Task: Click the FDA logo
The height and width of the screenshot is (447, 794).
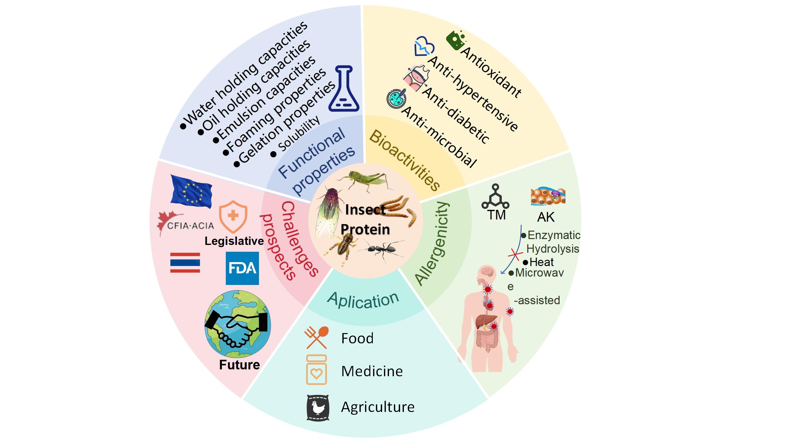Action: [x=242, y=268]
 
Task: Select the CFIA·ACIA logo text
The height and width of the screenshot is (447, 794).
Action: [x=190, y=226]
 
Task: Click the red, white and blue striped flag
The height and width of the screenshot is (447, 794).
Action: [x=185, y=263]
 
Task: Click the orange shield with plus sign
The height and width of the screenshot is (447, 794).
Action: [x=233, y=217]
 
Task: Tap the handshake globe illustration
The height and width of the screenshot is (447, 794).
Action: [x=237, y=324]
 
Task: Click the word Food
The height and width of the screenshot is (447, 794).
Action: [x=357, y=338]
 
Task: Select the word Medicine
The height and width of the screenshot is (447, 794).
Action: [x=372, y=371]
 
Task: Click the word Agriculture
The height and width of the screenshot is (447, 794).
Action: [x=377, y=407]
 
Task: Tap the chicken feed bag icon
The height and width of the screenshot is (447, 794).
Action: [x=318, y=408]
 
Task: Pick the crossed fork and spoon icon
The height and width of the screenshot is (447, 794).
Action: [x=316, y=337]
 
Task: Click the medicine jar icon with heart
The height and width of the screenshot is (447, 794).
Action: [x=316, y=370]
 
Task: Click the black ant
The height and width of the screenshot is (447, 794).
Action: [x=381, y=249]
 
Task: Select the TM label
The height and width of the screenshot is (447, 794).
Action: [x=497, y=215]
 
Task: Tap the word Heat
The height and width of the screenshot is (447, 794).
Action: [x=541, y=262]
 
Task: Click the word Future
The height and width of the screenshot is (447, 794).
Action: [x=239, y=365]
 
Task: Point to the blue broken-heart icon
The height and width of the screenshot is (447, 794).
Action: [x=424, y=47]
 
